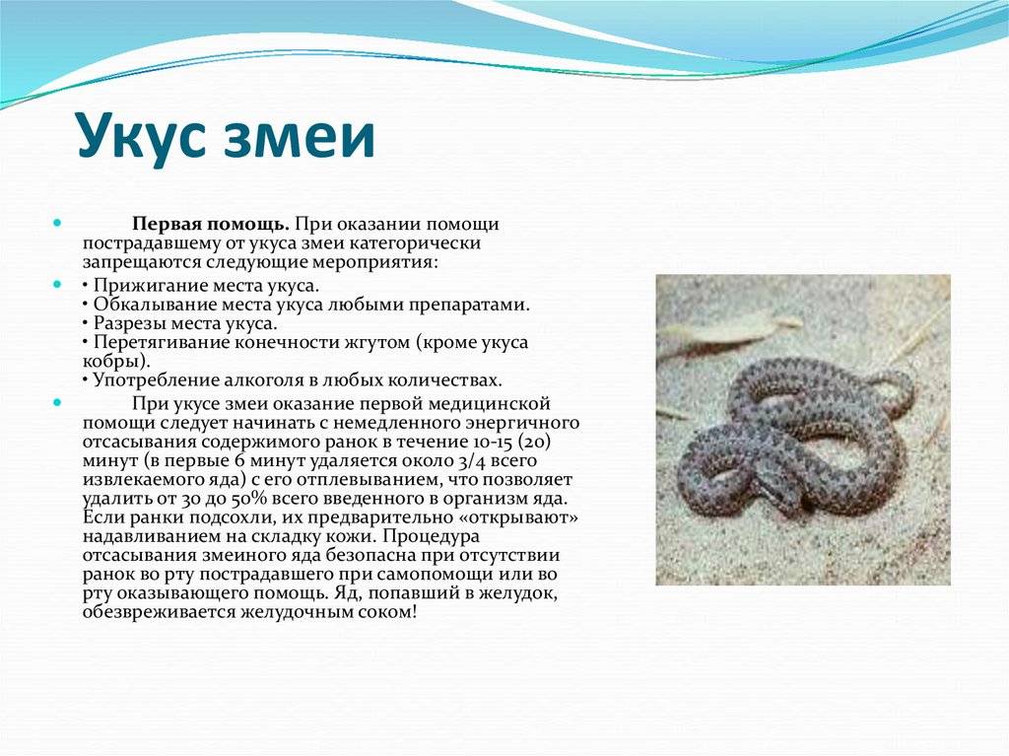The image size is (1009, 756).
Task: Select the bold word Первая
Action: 166,224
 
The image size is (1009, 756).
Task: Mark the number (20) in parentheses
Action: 533,442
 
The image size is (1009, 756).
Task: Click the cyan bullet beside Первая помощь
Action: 57,224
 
